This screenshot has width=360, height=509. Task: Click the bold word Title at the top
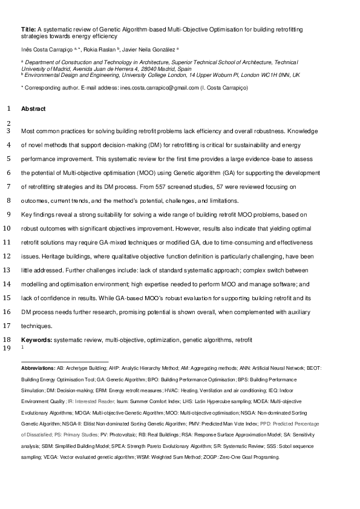(x=28, y=28)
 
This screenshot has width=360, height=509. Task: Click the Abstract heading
(x=33, y=109)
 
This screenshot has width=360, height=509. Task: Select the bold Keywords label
(x=36, y=341)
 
